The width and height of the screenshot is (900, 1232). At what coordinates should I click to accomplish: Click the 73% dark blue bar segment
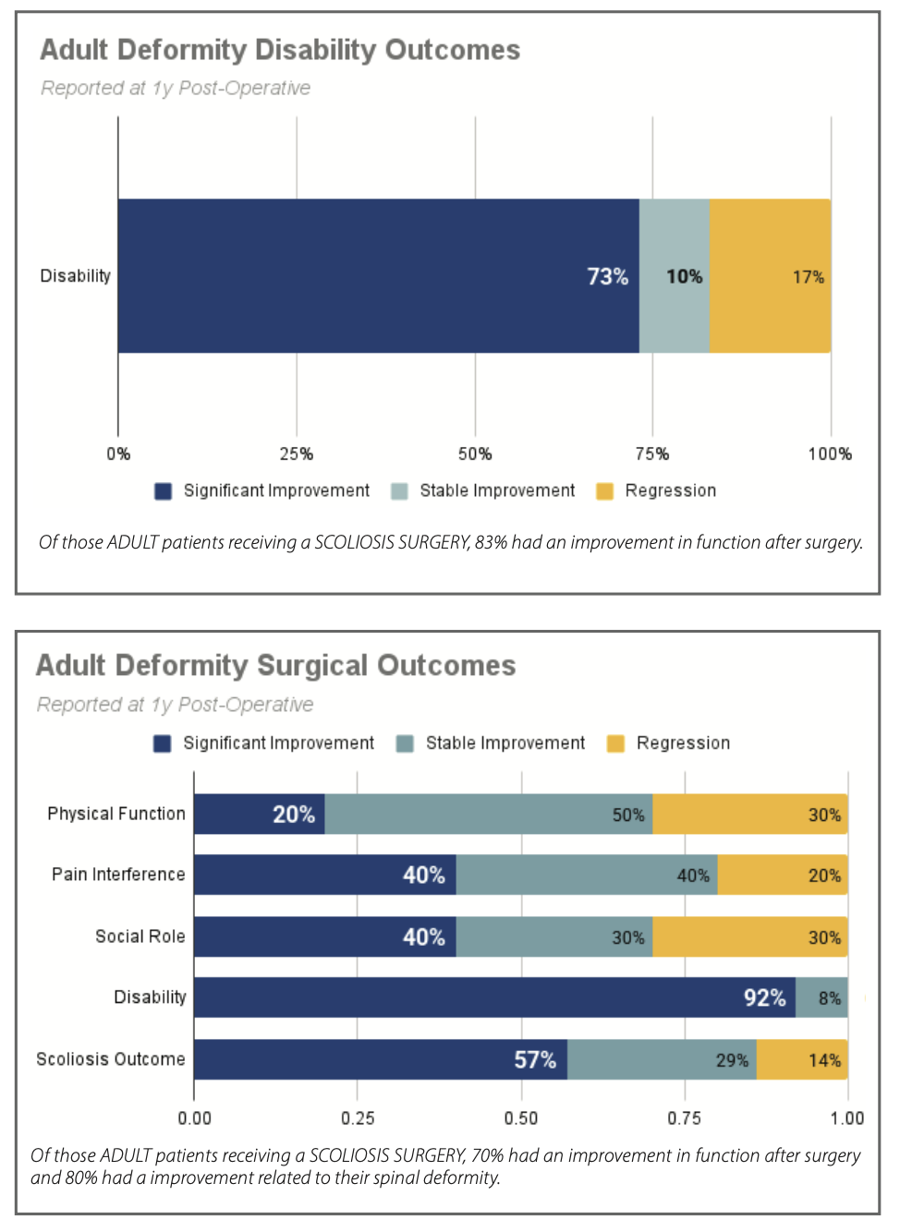tap(378, 276)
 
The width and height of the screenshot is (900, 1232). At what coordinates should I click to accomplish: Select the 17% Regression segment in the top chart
tap(770, 276)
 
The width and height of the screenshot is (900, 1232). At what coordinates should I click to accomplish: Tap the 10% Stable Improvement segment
tap(675, 276)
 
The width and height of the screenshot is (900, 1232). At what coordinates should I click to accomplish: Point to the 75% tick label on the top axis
tap(652, 454)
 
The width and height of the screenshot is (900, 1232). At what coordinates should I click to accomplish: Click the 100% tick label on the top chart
tap(830, 454)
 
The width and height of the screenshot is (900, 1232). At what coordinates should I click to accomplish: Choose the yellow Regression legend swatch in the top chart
tap(605, 491)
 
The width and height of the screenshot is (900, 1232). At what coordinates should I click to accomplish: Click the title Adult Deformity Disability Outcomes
tap(280, 50)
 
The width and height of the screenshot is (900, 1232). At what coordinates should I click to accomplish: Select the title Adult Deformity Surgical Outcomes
tap(275, 666)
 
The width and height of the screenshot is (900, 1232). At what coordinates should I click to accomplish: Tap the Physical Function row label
tap(116, 814)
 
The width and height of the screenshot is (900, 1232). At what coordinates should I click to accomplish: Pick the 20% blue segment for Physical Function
tap(260, 815)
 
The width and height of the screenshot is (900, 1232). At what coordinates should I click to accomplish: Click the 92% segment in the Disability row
tap(494, 997)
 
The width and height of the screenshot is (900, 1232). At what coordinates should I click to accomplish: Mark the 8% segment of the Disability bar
tap(821, 997)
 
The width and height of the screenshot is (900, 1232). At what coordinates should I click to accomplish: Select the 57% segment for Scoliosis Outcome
tap(381, 1059)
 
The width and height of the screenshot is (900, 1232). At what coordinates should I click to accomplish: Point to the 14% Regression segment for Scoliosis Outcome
tap(802, 1059)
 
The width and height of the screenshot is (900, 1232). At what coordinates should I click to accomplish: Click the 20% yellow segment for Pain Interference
tap(783, 875)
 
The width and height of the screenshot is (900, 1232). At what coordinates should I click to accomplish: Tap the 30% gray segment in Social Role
tap(554, 936)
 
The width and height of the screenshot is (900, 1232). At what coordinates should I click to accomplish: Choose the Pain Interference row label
tap(118, 875)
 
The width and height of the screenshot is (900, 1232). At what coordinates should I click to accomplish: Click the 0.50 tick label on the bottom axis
tap(521, 1118)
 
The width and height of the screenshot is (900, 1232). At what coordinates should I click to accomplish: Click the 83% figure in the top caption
tap(491, 543)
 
